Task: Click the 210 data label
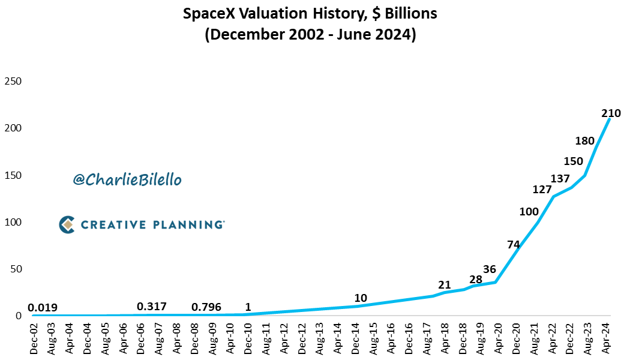tap(610, 113)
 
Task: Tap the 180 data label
tap(585, 141)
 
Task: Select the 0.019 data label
tap(43, 308)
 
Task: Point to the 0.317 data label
tap(152, 307)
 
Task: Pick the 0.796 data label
tap(206, 307)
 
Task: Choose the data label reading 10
tap(361, 298)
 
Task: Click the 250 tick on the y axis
tap(13, 81)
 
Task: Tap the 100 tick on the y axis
tap(13, 222)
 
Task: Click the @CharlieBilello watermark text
tap(127, 179)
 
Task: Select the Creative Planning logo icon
tap(67, 224)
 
